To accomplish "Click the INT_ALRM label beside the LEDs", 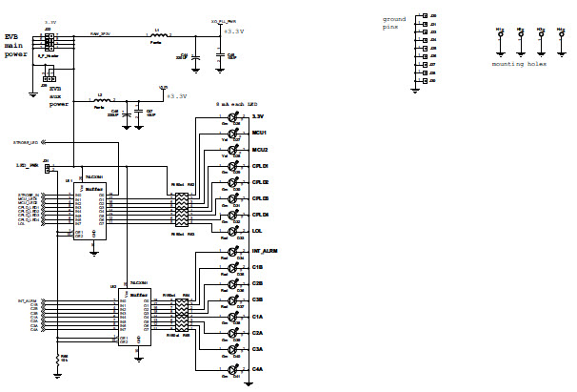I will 266,251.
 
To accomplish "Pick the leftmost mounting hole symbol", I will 498,38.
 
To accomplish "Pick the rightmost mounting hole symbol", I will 558,38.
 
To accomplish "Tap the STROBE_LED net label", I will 26,142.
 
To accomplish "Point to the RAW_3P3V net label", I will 101,33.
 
